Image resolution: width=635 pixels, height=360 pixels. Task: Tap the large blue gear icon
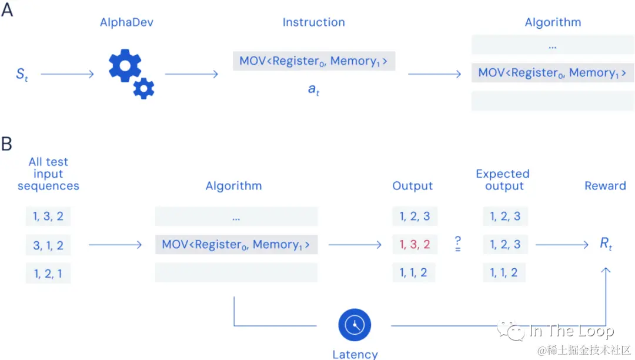tap(125, 66)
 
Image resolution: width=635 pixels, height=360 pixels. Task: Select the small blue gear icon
tap(143, 88)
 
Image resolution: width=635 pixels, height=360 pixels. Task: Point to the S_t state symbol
tap(22, 75)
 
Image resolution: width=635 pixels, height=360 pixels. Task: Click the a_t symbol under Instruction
tap(313, 90)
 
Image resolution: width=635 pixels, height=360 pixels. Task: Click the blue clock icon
tap(355, 325)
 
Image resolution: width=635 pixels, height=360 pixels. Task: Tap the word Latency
tap(355, 354)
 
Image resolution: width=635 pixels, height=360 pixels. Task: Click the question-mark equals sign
tap(457, 244)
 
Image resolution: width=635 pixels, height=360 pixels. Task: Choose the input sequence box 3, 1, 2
tap(48, 245)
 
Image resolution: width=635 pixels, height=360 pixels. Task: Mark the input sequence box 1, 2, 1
tap(48, 273)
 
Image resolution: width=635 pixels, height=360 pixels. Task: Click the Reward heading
tap(605, 186)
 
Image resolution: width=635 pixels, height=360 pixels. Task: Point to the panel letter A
tap(7, 10)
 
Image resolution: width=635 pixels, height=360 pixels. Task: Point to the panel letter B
tap(7, 144)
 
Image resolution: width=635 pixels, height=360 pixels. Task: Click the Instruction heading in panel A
tap(313, 22)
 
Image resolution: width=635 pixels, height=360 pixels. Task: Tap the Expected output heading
tap(503, 179)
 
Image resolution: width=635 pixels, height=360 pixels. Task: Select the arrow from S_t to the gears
tap(67, 74)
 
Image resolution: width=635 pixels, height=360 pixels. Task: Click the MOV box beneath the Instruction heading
tap(313, 61)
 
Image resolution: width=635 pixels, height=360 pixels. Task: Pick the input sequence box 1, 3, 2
tap(48, 216)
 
